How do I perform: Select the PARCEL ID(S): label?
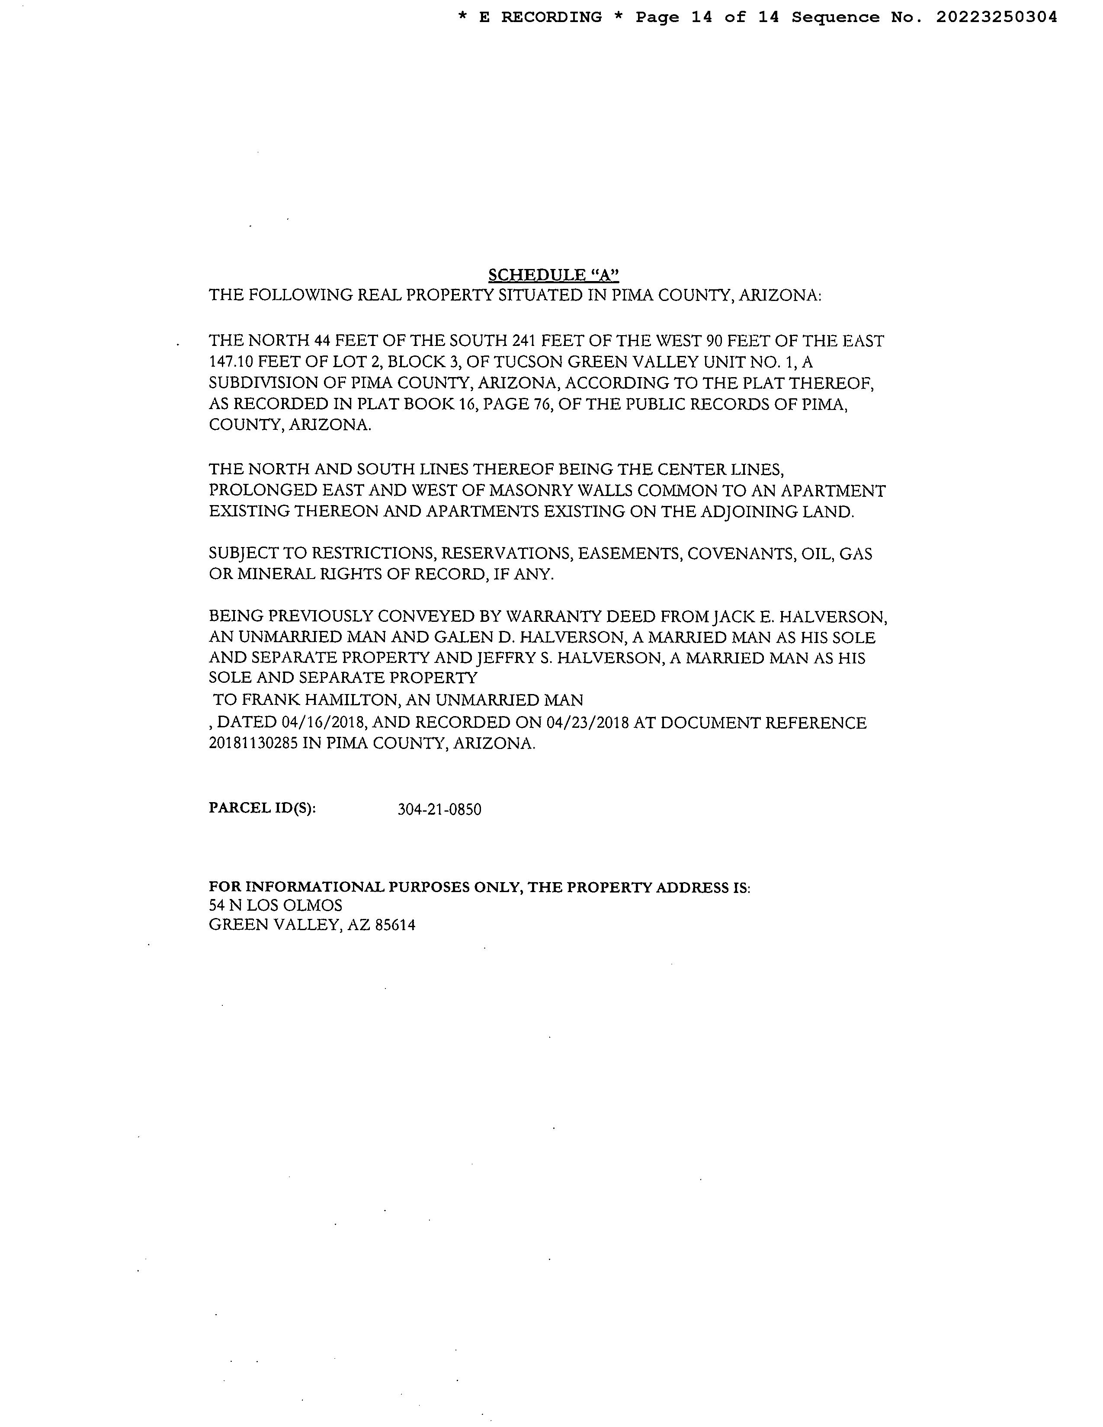[x=262, y=808]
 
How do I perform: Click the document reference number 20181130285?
[x=253, y=744]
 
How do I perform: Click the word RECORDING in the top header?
[x=551, y=18]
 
